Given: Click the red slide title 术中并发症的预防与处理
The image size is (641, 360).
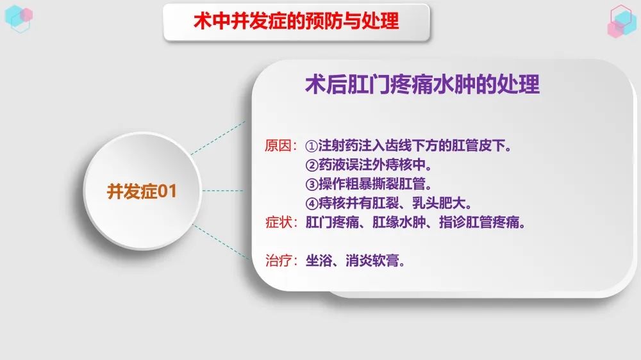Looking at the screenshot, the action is pyautogui.click(x=296, y=21).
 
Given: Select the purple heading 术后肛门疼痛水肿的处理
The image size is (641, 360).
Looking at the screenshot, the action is pyautogui.click(x=422, y=85).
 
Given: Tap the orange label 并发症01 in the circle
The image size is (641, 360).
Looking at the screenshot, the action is pyautogui.click(x=142, y=192).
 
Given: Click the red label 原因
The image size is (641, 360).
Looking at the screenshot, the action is pyautogui.click(x=278, y=145).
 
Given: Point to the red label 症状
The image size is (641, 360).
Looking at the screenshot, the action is pyautogui.click(x=278, y=222).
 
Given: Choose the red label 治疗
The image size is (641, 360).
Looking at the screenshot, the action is pyautogui.click(x=278, y=260).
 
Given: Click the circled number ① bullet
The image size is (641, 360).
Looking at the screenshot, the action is pyautogui.click(x=312, y=146).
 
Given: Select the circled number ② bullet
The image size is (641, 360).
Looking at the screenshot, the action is pyautogui.click(x=312, y=165).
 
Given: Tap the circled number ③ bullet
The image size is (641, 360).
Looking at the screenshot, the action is pyautogui.click(x=312, y=184).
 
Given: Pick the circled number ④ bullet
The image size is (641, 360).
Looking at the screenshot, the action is pyautogui.click(x=312, y=204).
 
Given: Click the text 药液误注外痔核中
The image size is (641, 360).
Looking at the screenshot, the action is pyautogui.click(x=372, y=165).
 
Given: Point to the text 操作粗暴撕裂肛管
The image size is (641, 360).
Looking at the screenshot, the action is pyautogui.click(x=372, y=184).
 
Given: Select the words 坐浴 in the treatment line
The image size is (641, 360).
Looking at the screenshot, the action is pyautogui.click(x=319, y=260).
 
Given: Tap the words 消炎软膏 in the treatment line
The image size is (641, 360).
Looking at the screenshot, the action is pyautogui.click(x=372, y=260).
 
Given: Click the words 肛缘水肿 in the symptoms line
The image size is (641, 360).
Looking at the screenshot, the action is pyautogui.click(x=399, y=222).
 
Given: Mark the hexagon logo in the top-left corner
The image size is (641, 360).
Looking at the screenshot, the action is pyautogui.click(x=19, y=19).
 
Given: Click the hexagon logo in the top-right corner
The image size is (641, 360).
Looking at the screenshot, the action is pyautogui.click(x=621, y=21).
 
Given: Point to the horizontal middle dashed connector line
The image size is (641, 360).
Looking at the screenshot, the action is pyautogui.click(x=223, y=190).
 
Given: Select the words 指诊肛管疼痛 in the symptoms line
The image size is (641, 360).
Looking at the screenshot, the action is pyautogui.click(x=479, y=222).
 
